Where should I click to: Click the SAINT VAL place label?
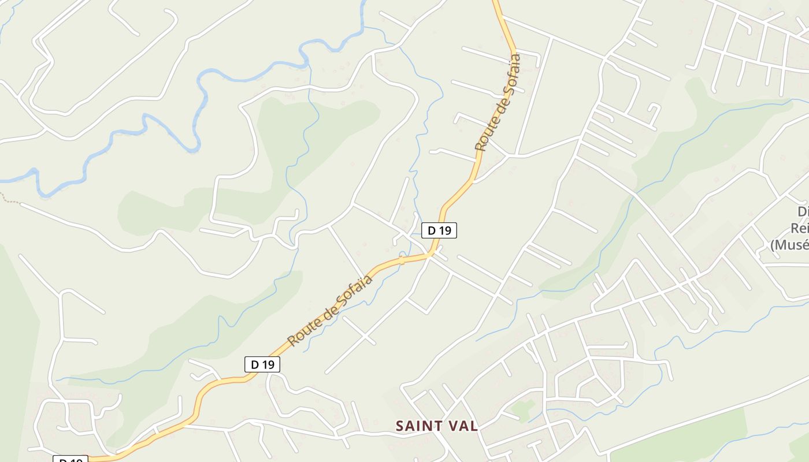pyautogui.click(x=437, y=426)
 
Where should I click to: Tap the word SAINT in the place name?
pyautogui.click(x=417, y=426)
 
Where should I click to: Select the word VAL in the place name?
pyautogui.click(x=462, y=426)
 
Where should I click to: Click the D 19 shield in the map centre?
pyautogui.click(x=439, y=230)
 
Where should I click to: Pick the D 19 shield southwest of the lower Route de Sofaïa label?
pyautogui.click(x=262, y=364)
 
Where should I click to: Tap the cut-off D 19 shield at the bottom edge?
pyautogui.click(x=70, y=459)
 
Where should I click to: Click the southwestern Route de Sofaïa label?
pyautogui.click(x=330, y=311)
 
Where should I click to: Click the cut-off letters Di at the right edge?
pyautogui.click(x=802, y=211)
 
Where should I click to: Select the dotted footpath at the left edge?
pyautogui.click(x=10, y=199)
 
